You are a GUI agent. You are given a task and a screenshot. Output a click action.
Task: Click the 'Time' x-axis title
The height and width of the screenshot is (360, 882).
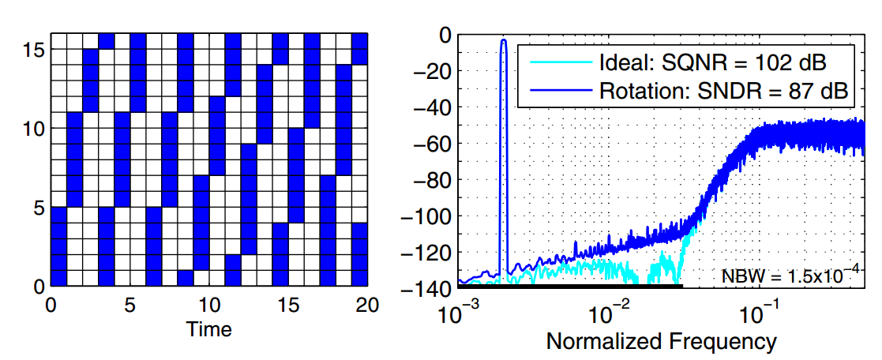point(208,329)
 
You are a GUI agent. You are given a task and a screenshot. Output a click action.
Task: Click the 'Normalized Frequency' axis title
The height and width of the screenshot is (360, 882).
point(661,341)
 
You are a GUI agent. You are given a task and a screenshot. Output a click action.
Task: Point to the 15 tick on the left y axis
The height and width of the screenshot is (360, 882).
point(33,49)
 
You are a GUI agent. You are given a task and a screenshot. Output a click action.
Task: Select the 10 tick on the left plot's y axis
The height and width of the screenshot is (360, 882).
point(33,128)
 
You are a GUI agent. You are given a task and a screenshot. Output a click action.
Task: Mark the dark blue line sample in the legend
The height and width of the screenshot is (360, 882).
point(557,90)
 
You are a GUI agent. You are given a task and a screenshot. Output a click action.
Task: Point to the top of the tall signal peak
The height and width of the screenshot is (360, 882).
point(503,39)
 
